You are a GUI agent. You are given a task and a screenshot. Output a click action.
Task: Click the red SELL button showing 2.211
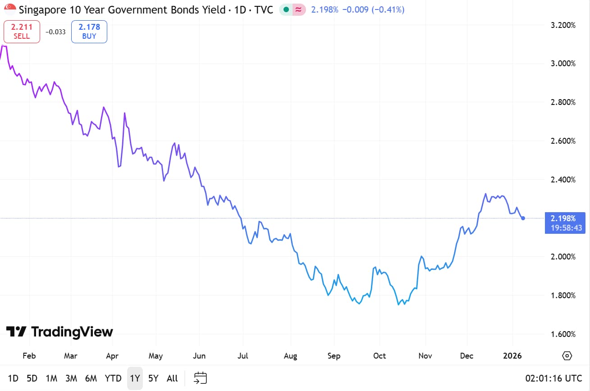click(x=22, y=32)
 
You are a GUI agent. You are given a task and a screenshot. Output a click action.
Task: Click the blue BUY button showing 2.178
click(x=89, y=32)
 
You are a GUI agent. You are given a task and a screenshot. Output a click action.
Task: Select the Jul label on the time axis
click(x=243, y=356)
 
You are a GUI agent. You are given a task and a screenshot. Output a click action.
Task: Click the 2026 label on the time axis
click(x=512, y=356)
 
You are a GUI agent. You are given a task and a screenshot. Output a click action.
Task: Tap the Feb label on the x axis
click(x=29, y=356)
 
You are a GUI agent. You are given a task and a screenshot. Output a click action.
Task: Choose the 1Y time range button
click(x=135, y=378)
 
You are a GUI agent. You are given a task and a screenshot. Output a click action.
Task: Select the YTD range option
click(x=113, y=378)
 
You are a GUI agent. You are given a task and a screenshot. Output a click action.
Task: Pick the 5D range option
click(x=32, y=378)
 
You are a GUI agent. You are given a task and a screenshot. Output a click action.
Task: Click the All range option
click(x=172, y=378)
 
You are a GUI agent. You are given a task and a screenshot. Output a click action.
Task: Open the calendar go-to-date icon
click(x=200, y=378)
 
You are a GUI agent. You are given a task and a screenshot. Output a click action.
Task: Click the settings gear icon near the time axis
click(x=567, y=356)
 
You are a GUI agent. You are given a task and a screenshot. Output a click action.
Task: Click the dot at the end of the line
click(x=523, y=218)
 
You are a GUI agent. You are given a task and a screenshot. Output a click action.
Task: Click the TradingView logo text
click(x=59, y=332)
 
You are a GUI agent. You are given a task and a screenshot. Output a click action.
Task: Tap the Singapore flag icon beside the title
click(x=10, y=9)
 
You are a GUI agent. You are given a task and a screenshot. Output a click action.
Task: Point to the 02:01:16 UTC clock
click(x=553, y=378)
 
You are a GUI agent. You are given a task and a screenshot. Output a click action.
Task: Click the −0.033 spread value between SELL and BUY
click(x=55, y=32)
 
